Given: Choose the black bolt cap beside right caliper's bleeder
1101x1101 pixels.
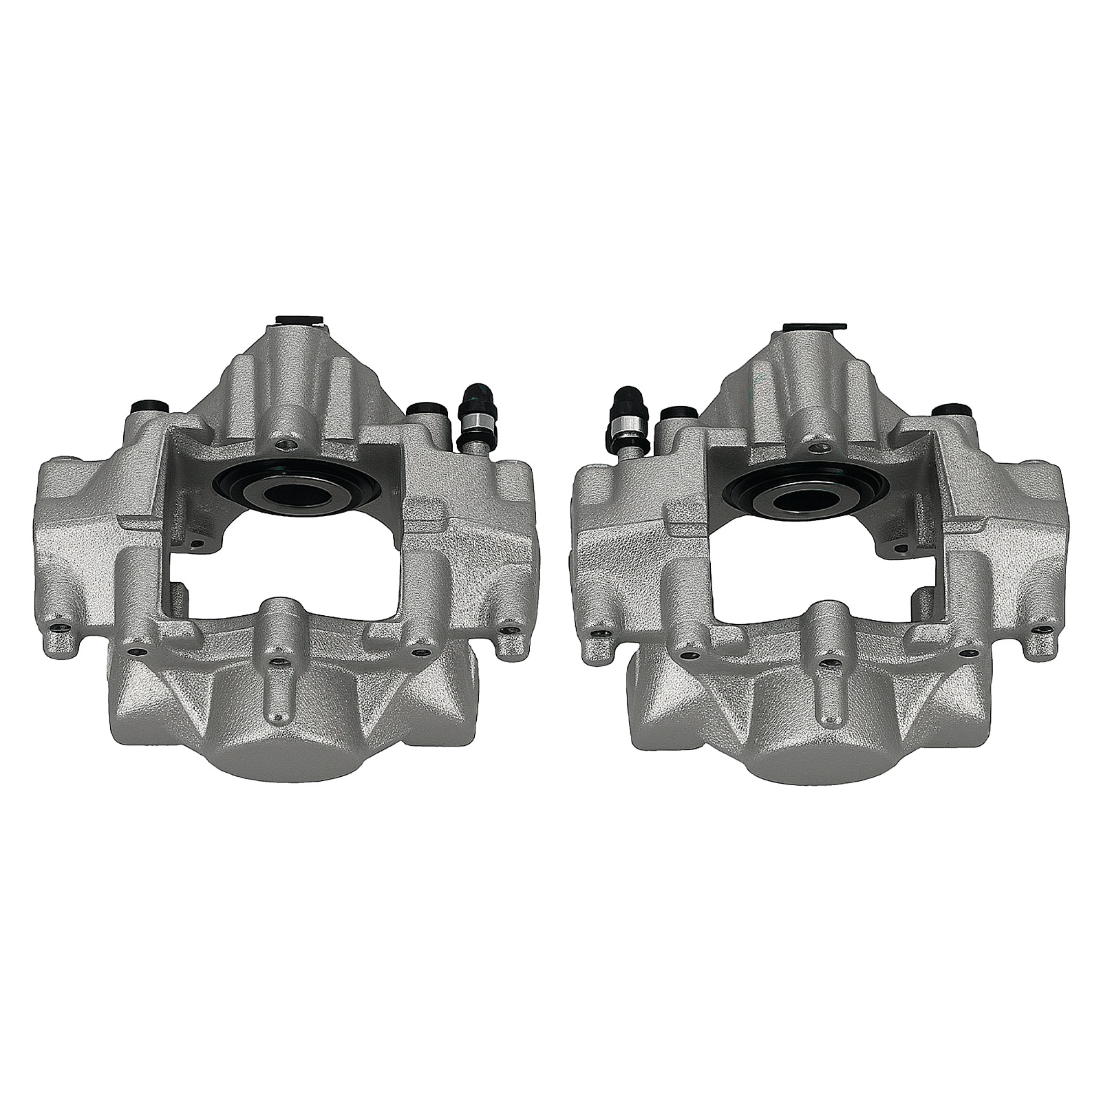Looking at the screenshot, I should pyautogui.click(x=674, y=414).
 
